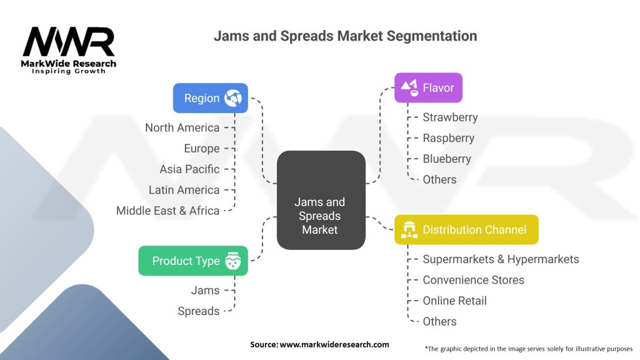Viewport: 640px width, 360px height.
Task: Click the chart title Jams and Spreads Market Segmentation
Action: click(345, 36)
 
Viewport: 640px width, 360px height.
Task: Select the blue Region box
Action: click(210, 98)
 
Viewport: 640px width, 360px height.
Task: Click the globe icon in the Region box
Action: click(234, 98)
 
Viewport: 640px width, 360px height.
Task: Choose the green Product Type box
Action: click(192, 261)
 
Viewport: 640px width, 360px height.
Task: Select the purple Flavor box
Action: click(428, 87)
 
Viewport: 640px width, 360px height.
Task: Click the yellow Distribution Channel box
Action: click(466, 229)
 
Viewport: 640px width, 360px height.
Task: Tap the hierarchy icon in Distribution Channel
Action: click(410, 229)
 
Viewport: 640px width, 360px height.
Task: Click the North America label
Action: click(182, 127)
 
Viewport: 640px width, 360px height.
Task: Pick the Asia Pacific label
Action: click(189, 169)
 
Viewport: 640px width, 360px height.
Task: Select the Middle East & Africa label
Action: click(167, 211)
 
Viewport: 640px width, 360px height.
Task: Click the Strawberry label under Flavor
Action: click(450, 117)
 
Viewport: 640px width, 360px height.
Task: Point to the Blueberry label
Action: click(447, 159)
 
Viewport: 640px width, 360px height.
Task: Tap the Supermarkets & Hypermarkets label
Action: click(501, 259)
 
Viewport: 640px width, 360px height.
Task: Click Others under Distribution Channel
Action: click(439, 321)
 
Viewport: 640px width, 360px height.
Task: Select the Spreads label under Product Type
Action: click(198, 311)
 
